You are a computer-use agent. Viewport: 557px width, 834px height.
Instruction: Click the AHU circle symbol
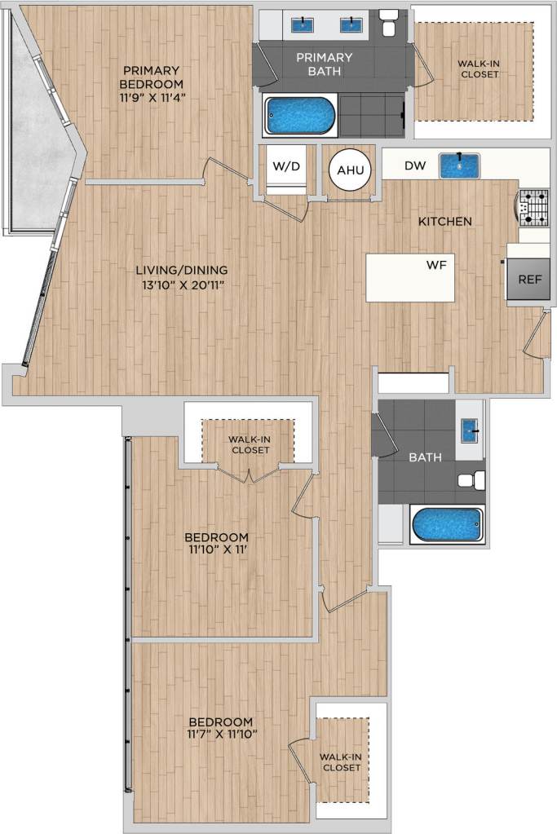(x=348, y=171)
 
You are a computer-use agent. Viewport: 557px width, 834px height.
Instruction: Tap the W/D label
(x=285, y=166)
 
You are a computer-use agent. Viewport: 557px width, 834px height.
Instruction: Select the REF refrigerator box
(x=529, y=279)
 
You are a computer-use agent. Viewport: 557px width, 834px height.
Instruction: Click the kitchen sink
(x=460, y=165)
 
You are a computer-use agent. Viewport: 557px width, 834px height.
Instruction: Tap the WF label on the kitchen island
(x=434, y=265)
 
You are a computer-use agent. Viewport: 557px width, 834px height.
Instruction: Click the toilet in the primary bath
(x=389, y=24)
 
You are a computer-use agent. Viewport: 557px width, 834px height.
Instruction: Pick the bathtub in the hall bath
(x=447, y=525)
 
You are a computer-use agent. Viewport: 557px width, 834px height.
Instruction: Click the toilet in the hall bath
(x=471, y=480)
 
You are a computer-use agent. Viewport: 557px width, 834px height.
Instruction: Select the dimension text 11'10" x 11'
(x=216, y=552)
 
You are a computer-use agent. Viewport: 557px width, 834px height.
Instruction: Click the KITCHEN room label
(x=444, y=221)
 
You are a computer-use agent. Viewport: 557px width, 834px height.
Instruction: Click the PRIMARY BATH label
(x=324, y=64)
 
